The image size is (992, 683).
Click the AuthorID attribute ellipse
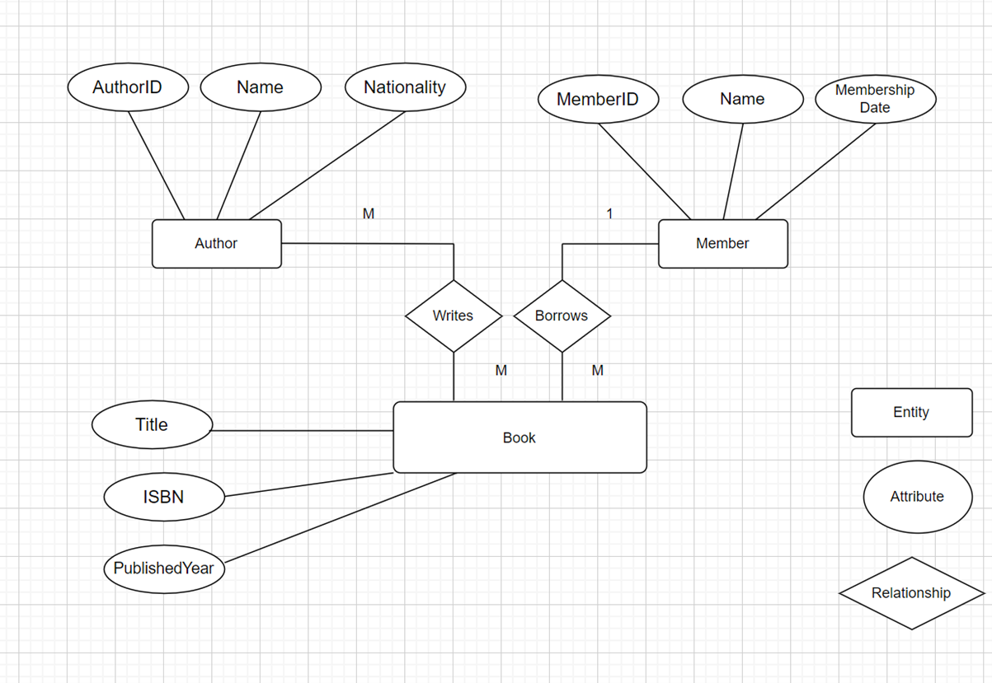click(128, 87)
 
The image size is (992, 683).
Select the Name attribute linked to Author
click(260, 87)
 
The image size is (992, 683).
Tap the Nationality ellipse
click(404, 87)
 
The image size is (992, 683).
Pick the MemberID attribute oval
click(598, 100)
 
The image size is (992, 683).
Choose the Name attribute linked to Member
click(742, 100)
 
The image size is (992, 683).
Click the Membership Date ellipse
click(875, 99)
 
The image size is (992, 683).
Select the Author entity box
click(216, 244)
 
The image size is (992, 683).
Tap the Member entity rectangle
click(722, 244)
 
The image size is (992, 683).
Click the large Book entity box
click(520, 437)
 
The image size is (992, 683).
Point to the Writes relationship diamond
click(453, 316)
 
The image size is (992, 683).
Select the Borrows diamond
click(562, 316)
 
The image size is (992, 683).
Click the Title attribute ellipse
click(152, 425)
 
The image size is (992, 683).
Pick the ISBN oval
click(164, 497)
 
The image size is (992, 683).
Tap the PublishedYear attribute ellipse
click(163, 568)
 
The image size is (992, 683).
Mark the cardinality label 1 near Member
click(609, 214)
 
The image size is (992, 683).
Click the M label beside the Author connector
click(369, 214)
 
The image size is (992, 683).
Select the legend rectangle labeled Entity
click(911, 412)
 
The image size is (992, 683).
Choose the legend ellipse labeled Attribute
click(917, 497)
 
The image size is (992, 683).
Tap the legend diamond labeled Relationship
click(911, 593)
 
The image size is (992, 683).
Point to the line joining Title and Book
click(302, 430)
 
